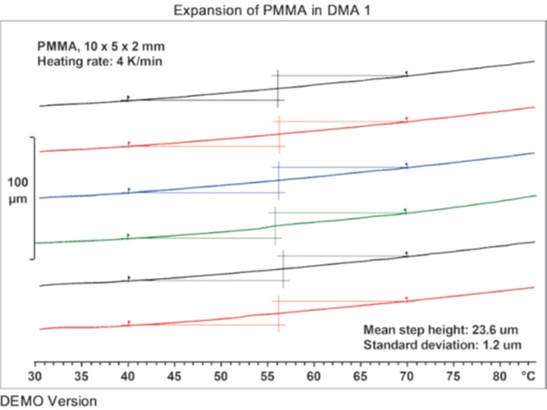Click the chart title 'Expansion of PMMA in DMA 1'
pyautogui.click(x=273, y=9)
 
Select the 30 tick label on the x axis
pyautogui.click(x=35, y=376)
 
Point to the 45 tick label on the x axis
pyautogui.click(x=174, y=376)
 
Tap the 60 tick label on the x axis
pyautogui.click(x=314, y=376)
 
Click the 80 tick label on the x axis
pyautogui.click(x=499, y=376)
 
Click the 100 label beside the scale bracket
pyautogui.click(x=18, y=182)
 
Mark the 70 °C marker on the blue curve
pyautogui.click(x=407, y=166)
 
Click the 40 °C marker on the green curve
pyautogui.click(x=128, y=236)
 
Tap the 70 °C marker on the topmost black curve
pyautogui.click(x=407, y=73)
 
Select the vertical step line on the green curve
pyautogui.click(x=275, y=224)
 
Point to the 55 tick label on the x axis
pyautogui.click(x=268, y=376)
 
